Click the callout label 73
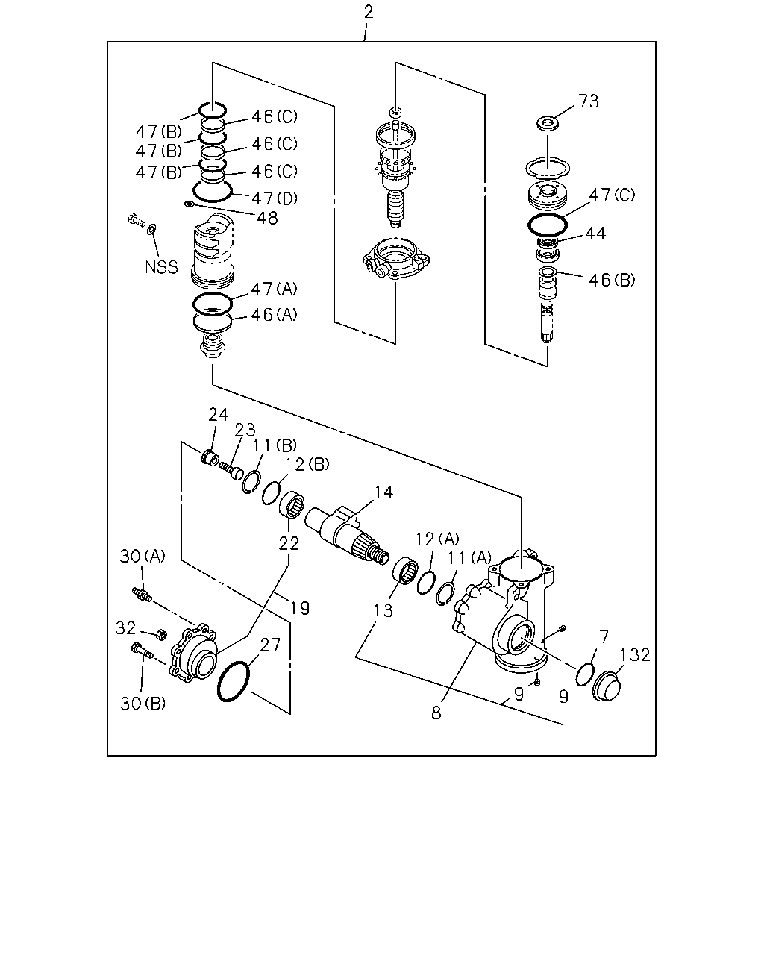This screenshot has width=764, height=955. pyautogui.click(x=589, y=101)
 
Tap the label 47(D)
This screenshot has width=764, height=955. pyautogui.click(x=275, y=198)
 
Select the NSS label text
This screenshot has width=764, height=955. pyautogui.click(x=162, y=267)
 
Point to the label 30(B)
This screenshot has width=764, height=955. pyautogui.click(x=143, y=704)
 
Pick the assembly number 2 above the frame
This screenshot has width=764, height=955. pyautogui.click(x=369, y=12)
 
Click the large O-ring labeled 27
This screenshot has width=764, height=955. pyautogui.click(x=234, y=682)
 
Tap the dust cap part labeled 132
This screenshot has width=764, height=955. pyautogui.click(x=607, y=686)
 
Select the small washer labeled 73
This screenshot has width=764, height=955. pyautogui.click(x=548, y=122)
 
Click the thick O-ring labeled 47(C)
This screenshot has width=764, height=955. pyautogui.click(x=548, y=225)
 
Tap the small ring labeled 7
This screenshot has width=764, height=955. pyautogui.click(x=585, y=674)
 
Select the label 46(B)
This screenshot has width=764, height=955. pyautogui.click(x=612, y=280)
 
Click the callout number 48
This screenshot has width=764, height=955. pyautogui.click(x=267, y=218)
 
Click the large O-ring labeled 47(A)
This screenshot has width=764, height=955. pyautogui.click(x=212, y=304)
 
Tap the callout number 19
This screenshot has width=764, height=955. pyautogui.click(x=300, y=607)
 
